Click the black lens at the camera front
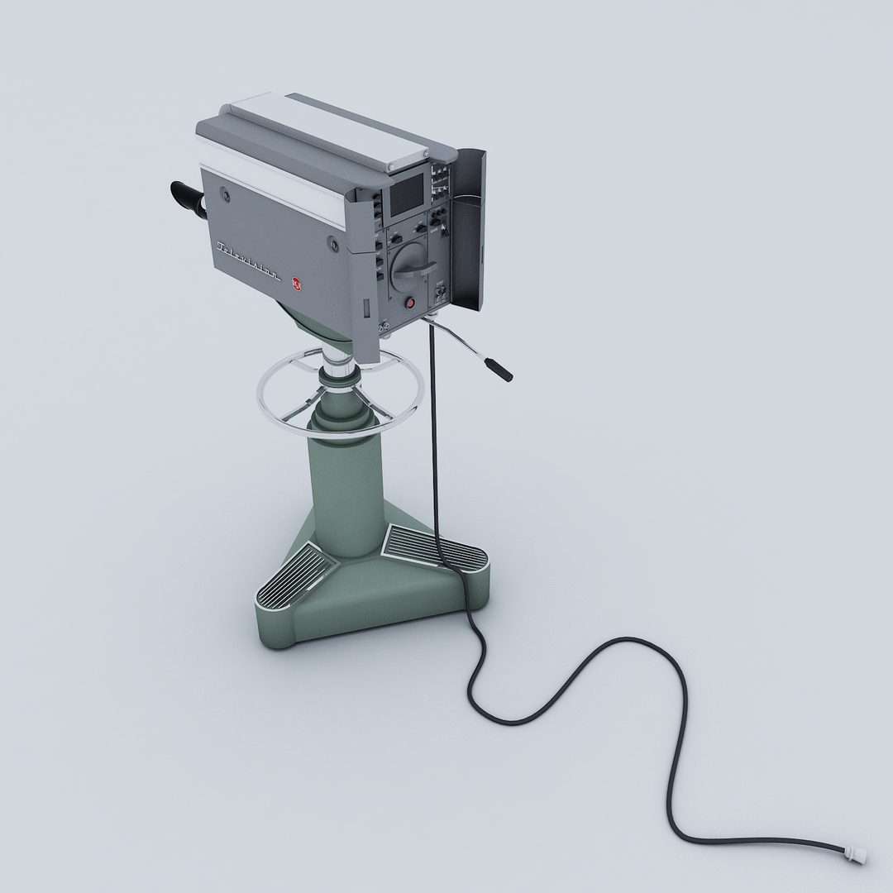(188, 199)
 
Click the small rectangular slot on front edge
(365, 308)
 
